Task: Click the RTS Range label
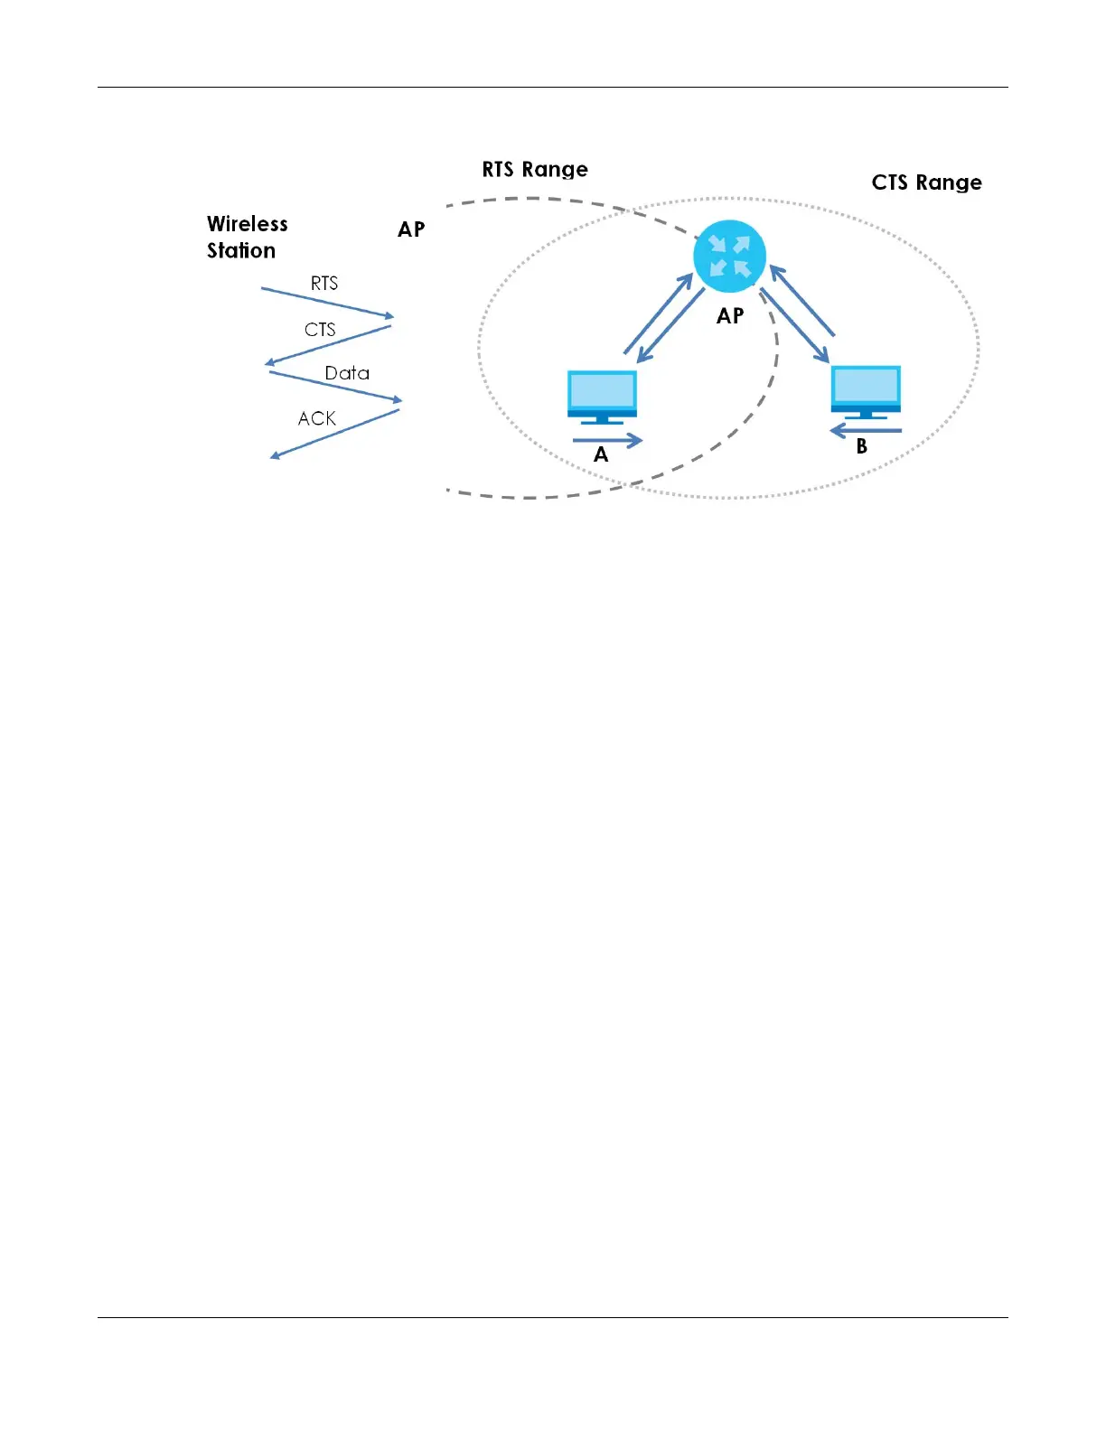click(x=535, y=170)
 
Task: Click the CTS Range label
click(x=926, y=182)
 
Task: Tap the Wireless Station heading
click(x=247, y=237)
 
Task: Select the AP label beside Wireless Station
click(x=411, y=229)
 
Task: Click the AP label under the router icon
click(x=730, y=316)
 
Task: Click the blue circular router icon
click(x=729, y=256)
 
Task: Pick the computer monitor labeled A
click(x=602, y=397)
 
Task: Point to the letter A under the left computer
click(x=601, y=455)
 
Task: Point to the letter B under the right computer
click(x=861, y=446)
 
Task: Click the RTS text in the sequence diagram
click(x=324, y=284)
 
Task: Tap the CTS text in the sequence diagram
click(x=320, y=330)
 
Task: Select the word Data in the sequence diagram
click(x=347, y=373)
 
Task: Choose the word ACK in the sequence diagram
click(x=317, y=418)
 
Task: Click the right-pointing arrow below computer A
click(x=607, y=441)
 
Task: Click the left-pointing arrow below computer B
click(x=865, y=430)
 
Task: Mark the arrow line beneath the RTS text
click(x=327, y=303)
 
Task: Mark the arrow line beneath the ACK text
click(x=335, y=434)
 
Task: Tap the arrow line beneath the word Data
click(x=335, y=386)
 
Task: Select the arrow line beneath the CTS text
click(x=328, y=345)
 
